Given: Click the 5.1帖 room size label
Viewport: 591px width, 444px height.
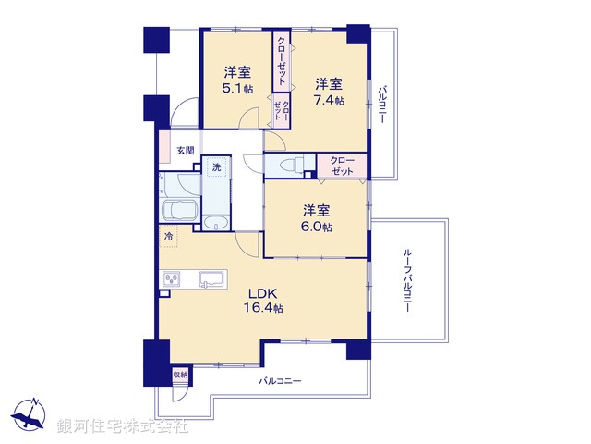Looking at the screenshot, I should tap(236, 90).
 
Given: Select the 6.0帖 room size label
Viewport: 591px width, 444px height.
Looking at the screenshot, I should tap(316, 228).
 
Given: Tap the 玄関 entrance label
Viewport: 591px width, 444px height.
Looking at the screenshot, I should tap(186, 151).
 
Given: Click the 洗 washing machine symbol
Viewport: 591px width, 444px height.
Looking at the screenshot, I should tap(216, 168).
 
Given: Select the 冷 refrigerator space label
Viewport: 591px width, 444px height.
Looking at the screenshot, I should tap(169, 238).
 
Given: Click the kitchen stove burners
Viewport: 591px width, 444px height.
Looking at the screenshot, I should tap(171, 278).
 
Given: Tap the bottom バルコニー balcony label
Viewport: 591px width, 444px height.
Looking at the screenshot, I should tap(280, 380).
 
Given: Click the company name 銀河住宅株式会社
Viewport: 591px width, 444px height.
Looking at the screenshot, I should tap(123, 427).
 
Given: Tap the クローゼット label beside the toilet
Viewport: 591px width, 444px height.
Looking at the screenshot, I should tap(342, 166).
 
